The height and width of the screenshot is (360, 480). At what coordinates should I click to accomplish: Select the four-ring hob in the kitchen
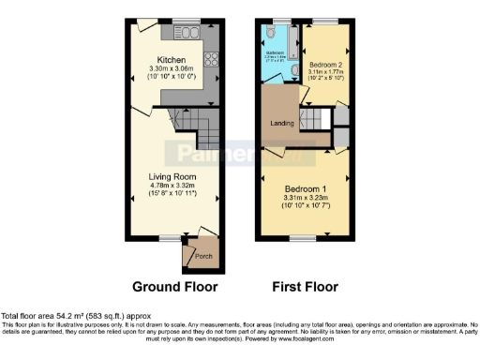tap(207, 58)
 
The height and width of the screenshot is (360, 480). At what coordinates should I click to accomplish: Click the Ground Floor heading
tap(174, 287)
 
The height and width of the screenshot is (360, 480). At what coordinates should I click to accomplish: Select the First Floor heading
tap(306, 287)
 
